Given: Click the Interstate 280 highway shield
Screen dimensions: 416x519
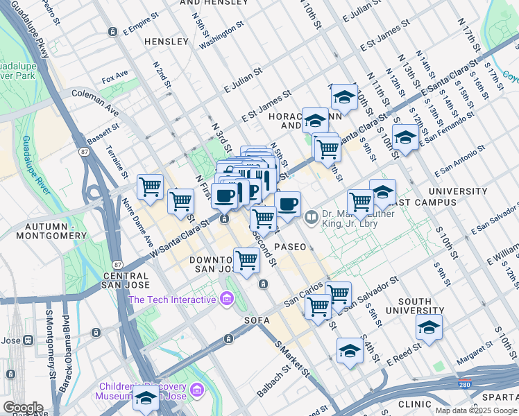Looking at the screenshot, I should [464, 383].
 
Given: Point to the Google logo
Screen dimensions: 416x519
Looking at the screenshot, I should [23, 407].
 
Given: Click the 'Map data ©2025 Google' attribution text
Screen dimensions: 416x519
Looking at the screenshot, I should [477, 410].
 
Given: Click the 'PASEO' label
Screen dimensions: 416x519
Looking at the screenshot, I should [290, 247].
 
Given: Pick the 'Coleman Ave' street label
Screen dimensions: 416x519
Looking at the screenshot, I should [95, 100].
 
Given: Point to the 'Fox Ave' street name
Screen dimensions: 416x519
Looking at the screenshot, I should [115, 73].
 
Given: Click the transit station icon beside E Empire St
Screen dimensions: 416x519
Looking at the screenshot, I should [112, 32].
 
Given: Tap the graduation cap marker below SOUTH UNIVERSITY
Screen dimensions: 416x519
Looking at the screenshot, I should [429, 327].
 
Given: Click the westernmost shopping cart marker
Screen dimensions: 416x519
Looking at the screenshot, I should [150, 187].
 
